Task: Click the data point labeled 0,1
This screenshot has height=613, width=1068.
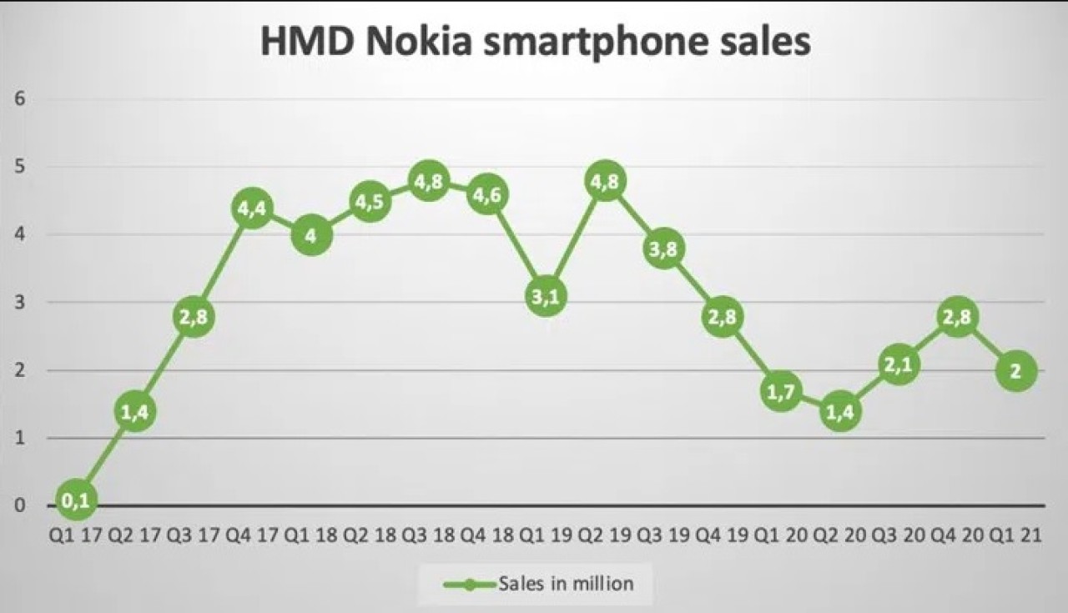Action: pos(76,499)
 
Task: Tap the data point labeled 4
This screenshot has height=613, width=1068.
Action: pos(310,235)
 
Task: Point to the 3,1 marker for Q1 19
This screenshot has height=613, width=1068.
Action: pos(547,296)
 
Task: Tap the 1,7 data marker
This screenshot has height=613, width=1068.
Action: pos(782,390)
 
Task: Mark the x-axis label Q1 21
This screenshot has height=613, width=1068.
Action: pos(1015,536)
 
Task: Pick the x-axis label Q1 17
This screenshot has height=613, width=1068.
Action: pos(76,536)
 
